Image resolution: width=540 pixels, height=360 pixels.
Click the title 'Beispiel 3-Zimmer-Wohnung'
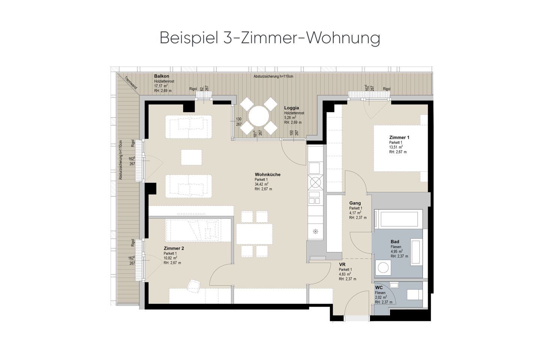pos(270,38)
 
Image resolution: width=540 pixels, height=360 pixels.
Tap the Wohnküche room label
pos(268,174)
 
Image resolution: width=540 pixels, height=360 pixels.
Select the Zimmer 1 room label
pos(399,138)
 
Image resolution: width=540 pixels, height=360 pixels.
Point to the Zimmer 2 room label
pos(174,248)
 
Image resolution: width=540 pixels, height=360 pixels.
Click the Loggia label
pos(291,108)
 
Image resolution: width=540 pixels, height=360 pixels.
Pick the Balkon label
pos(162,76)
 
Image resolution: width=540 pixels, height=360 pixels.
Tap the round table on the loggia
pos(259,116)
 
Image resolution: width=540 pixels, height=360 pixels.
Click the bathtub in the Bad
pos(398,219)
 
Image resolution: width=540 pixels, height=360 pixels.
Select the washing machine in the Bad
pos(383,267)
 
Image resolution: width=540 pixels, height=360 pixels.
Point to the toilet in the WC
pos(415,295)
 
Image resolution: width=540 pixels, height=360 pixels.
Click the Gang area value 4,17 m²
pos(355,213)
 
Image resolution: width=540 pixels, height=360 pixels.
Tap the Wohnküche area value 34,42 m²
pos(262,184)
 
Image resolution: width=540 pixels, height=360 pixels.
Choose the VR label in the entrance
pos(342,264)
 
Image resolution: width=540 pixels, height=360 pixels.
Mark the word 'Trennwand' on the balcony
pos(130,83)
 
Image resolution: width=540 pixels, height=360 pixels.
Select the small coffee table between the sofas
pos(191,157)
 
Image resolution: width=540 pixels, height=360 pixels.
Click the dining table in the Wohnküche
pos(254,234)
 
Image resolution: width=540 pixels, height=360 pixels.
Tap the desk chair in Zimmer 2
pos(194,286)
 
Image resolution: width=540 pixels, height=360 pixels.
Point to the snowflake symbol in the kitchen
pos(315,231)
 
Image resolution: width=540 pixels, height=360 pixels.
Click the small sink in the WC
pos(394,285)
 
